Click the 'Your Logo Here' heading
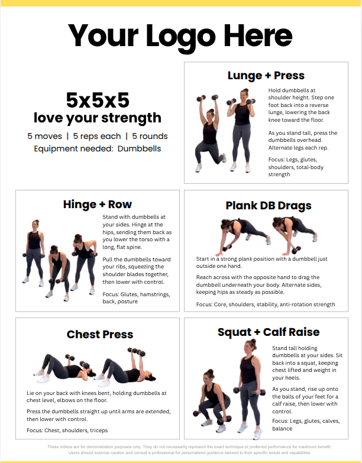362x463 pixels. [x=180, y=37]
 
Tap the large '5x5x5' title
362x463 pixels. [x=98, y=100]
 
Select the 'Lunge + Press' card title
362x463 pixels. [x=266, y=76]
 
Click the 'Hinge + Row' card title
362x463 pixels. [x=98, y=205]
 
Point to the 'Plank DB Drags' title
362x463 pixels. [x=269, y=206]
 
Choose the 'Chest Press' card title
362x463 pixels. [x=100, y=334]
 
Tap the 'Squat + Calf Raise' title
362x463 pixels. [x=269, y=332]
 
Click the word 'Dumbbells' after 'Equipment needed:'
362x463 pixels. [x=139, y=148]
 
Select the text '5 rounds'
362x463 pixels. [x=150, y=136]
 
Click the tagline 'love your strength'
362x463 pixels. [x=98, y=118]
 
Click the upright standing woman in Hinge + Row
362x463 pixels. [x=34, y=253]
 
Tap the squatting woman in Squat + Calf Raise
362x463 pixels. [x=212, y=400]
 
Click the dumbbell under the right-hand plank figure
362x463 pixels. [x=296, y=250]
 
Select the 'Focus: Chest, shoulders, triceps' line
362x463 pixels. [x=67, y=430]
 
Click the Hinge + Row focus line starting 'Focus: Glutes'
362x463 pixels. [x=136, y=298]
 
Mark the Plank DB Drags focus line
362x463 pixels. [x=266, y=305]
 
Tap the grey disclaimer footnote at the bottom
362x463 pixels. [x=189, y=450]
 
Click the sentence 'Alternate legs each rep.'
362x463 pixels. [x=298, y=148]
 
